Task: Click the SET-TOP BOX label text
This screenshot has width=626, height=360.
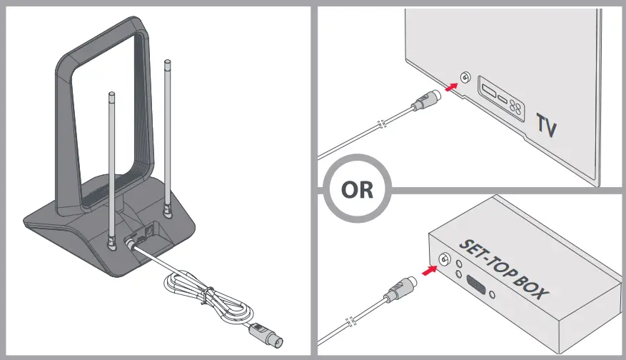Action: coord(508,270)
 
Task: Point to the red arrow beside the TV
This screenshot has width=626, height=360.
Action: coord(449,87)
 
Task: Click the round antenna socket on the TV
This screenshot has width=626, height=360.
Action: coord(465,78)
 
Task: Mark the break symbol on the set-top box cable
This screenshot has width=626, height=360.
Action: coord(348,320)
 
